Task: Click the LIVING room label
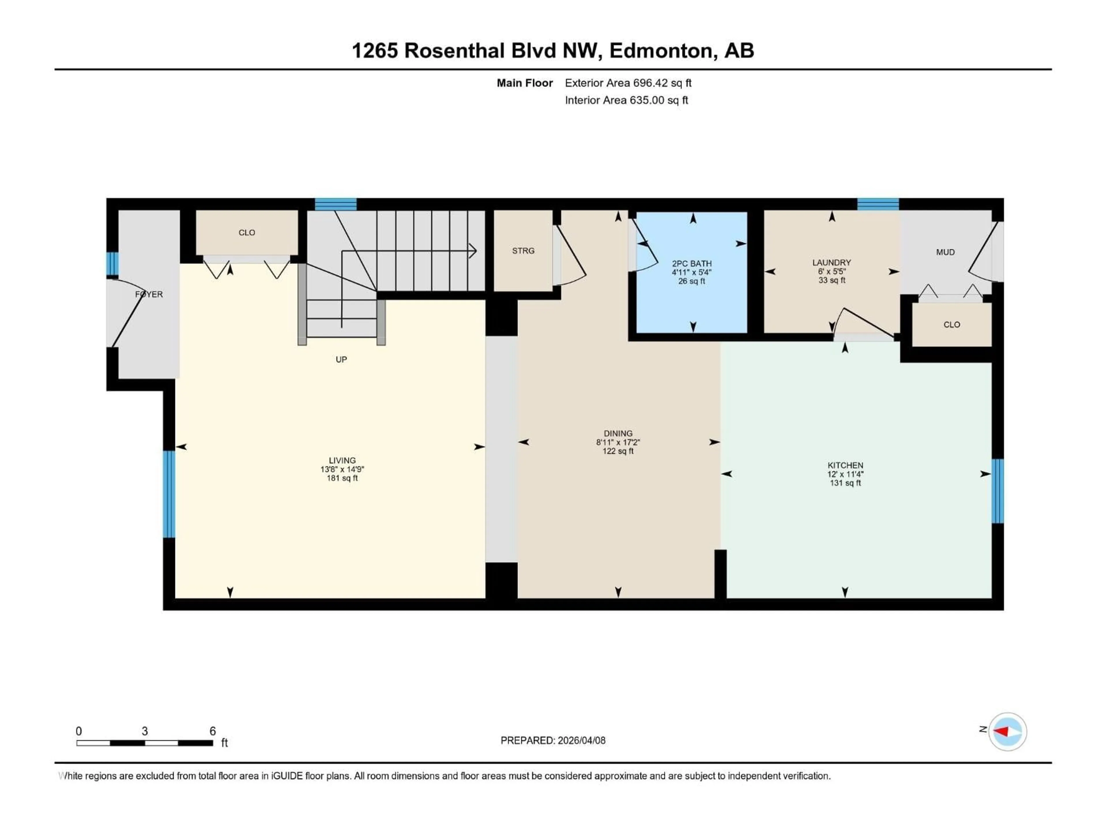(342, 460)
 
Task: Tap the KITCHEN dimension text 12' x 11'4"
(845, 474)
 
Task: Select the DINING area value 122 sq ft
(618, 451)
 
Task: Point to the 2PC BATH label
(692, 263)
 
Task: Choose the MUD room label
(945, 252)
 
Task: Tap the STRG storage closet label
(523, 251)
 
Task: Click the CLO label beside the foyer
(247, 233)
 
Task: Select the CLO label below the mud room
(951, 325)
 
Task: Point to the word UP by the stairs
(341, 359)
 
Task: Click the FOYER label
(149, 294)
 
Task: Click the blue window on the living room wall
(169, 494)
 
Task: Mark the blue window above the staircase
(335, 204)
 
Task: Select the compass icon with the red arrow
(1008, 731)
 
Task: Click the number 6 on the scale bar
(213, 731)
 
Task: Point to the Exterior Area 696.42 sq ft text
(628, 83)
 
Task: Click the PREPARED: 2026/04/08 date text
(553, 740)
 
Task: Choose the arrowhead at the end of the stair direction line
(472, 251)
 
